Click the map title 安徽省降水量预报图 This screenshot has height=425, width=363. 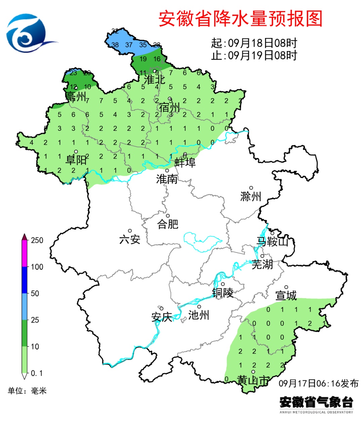tap(240, 19)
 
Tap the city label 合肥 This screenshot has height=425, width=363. tap(168, 224)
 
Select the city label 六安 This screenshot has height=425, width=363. tap(130, 239)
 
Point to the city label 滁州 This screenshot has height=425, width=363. tap(251, 196)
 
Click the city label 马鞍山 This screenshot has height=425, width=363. tap(273, 241)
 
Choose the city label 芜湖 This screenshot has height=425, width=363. tap(262, 264)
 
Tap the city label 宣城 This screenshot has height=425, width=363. tap(286, 296)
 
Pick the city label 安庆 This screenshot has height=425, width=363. tap(162, 317)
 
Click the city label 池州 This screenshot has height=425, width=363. tap(199, 315)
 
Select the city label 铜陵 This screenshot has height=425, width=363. tap(223, 293)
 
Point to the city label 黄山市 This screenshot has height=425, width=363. tap(253, 380)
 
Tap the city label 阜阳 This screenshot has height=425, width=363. tap(76, 160)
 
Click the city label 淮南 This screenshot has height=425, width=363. tap(167, 179)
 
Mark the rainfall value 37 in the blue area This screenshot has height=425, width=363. tap(129, 45)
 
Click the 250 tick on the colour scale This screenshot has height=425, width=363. tap(37, 240)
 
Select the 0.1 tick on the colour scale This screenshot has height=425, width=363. tap(37, 373)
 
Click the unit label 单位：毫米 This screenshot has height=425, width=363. tap(27, 391)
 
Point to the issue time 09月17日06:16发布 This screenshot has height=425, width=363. tap(318, 383)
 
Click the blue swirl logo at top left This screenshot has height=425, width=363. tap(27, 33)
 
